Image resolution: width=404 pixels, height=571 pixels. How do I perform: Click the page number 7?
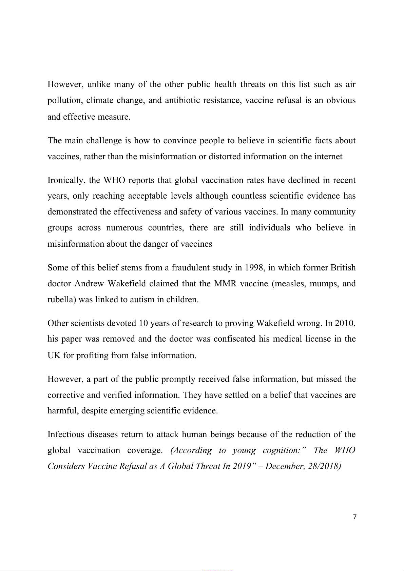354,517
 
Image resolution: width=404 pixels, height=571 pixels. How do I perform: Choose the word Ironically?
66,180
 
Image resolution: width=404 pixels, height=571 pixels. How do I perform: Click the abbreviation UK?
54,355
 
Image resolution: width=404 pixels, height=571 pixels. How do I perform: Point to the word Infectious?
65,434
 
